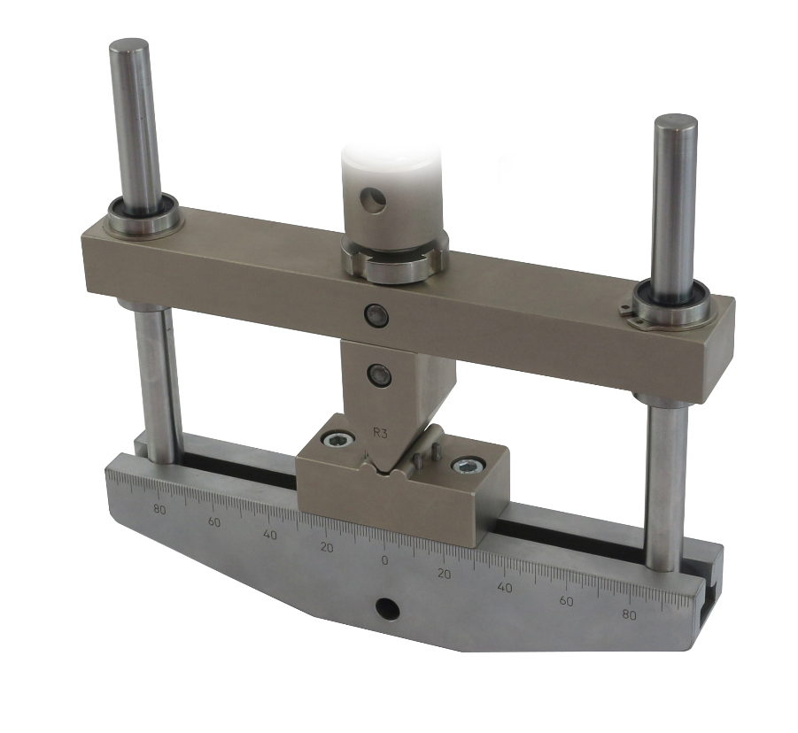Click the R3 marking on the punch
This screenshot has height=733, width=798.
pyautogui.click(x=380, y=434)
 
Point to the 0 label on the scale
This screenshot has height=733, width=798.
pyautogui.click(x=384, y=560)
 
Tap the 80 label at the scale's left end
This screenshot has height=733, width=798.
pyautogui.click(x=159, y=510)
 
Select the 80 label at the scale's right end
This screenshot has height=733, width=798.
pyautogui.click(x=629, y=615)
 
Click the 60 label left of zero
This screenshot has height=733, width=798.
pyautogui.click(x=214, y=522)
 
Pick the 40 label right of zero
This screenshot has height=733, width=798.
pyautogui.click(x=504, y=588)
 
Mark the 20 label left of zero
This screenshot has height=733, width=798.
pyautogui.click(x=327, y=548)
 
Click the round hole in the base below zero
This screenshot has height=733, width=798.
pyautogui.click(x=387, y=607)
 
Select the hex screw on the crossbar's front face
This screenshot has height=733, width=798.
pyautogui.click(x=376, y=315)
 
